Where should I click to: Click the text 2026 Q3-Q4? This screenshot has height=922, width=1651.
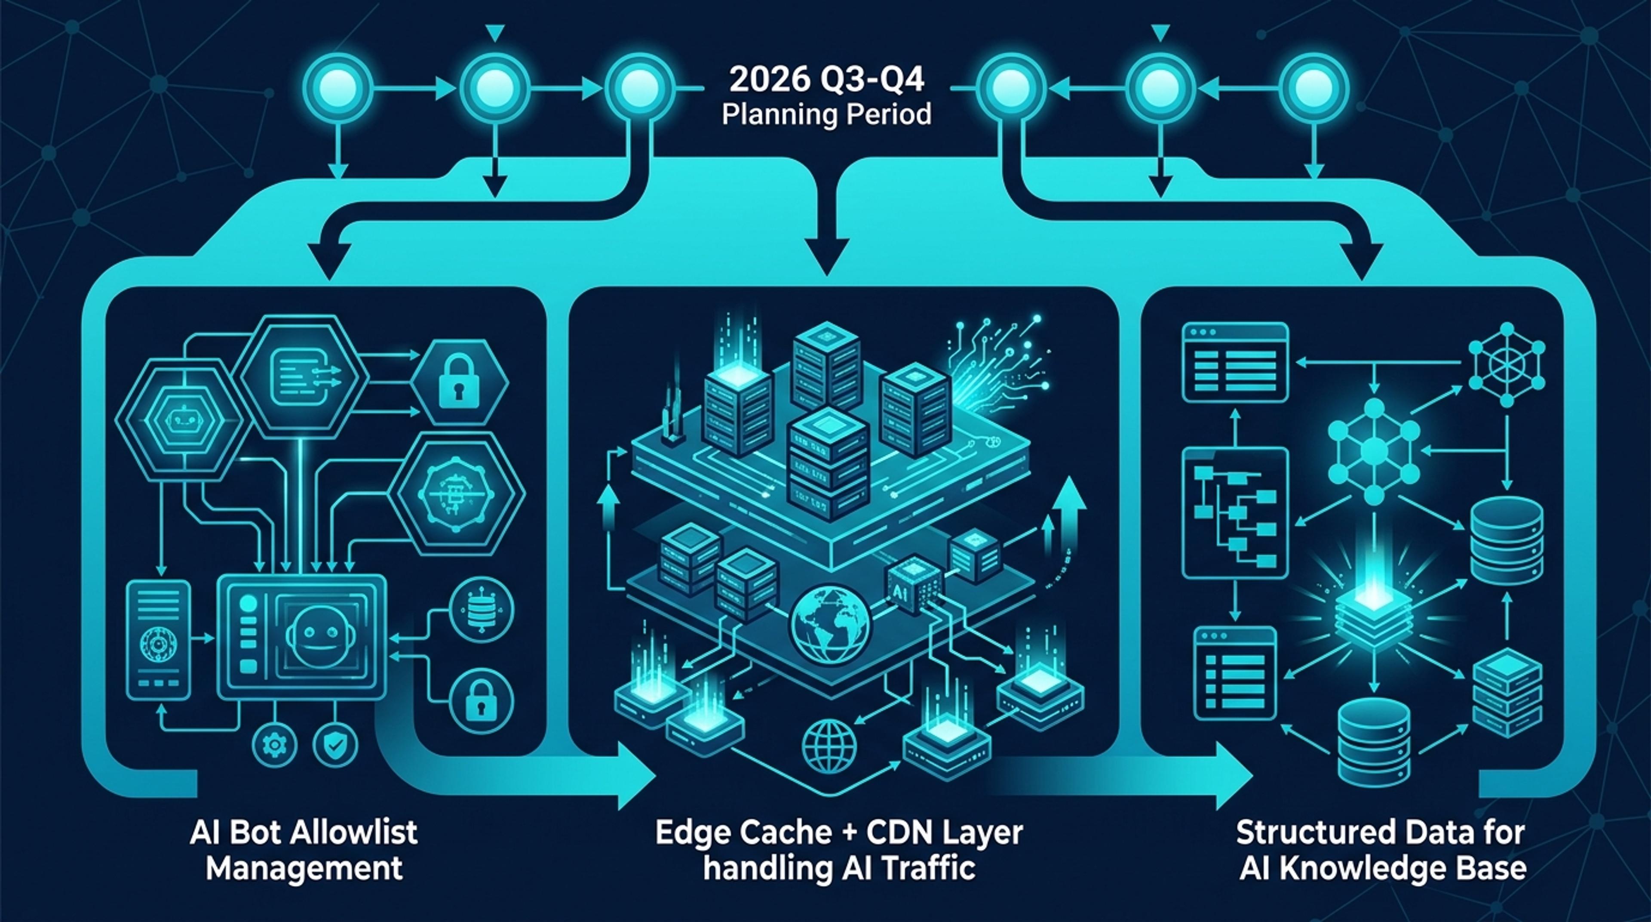[827, 81]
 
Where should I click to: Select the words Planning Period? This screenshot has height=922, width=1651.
[827, 115]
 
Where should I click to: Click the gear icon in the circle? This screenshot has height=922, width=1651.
[276, 744]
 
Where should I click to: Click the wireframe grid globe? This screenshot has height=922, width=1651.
[829, 746]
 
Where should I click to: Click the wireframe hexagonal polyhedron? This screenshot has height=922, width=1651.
[1506, 364]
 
